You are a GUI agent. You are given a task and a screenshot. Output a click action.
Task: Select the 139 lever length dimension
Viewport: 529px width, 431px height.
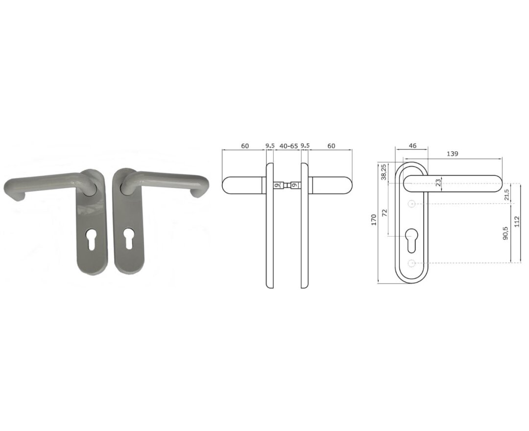pyautogui.click(x=452, y=153)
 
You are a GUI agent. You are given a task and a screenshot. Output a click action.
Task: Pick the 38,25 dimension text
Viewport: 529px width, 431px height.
pyautogui.click(x=384, y=172)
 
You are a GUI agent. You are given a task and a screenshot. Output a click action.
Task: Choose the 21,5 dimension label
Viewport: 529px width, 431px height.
pyautogui.click(x=506, y=194)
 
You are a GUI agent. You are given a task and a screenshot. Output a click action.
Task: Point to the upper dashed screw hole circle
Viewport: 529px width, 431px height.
pyautogui.click(x=412, y=203)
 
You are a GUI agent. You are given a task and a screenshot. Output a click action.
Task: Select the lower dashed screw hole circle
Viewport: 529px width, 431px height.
pyautogui.click(x=412, y=263)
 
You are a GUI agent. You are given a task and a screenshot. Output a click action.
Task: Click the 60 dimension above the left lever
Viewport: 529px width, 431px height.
pyautogui.click(x=245, y=145)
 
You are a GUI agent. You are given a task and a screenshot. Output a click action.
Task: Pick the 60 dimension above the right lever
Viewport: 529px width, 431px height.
pyautogui.click(x=332, y=145)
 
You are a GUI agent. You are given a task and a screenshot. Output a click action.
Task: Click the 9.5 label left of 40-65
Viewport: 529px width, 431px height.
pyautogui.click(x=270, y=145)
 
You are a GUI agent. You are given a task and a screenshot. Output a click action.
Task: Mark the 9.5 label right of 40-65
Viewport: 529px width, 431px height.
pyautogui.click(x=305, y=145)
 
